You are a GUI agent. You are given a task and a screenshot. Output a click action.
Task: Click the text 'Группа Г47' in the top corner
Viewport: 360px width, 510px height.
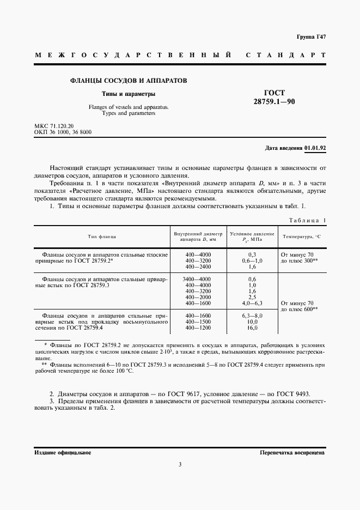pyautogui.click(x=312, y=37)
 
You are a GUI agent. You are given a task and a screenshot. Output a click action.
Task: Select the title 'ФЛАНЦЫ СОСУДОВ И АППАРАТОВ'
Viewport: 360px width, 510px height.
pyautogui.click(x=129, y=80)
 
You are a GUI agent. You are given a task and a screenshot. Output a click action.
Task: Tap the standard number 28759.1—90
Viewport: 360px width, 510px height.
pyautogui.click(x=274, y=101)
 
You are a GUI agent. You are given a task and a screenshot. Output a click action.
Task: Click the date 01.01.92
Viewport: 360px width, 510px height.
pyautogui.click(x=315, y=148)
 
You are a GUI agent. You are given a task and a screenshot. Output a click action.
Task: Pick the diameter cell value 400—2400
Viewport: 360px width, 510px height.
pyautogui.click(x=198, y=267)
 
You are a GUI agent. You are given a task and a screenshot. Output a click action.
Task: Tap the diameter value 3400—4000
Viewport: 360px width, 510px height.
pyautogui.click(x=198, y=279)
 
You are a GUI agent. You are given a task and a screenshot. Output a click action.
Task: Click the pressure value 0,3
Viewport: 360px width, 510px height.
pyautogui.click(x=252, y=255)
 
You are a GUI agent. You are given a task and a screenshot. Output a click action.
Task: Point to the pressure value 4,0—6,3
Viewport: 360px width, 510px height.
pyautogui.click(x=252, y=303)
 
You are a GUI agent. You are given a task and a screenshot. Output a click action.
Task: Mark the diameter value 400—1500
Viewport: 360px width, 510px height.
pyautogui.click(x=198, y=321)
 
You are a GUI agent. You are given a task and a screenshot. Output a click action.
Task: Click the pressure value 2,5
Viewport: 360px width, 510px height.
pyautogui.click(x=252, y=297)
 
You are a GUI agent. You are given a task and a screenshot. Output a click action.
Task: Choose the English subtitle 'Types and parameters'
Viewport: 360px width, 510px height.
pyautogui.click(x=129, y=113)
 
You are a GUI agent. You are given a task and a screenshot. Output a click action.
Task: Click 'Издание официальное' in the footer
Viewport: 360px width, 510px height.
pyautogui.click(x=62, y=452)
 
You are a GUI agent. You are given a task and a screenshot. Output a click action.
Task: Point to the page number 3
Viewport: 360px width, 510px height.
pyautogui.click(x=180, y=464)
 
